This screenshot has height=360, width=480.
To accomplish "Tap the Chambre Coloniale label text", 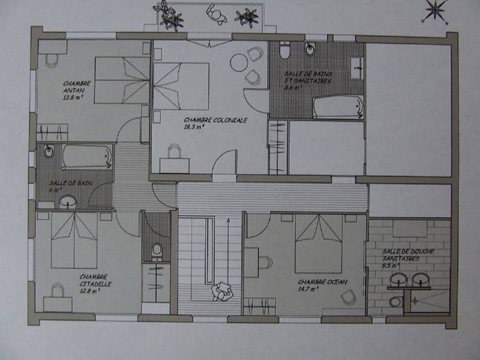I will coord(215,120).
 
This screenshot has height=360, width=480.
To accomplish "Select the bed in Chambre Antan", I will coord(122,80).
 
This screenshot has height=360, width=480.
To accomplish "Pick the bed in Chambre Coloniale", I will coord(181,88).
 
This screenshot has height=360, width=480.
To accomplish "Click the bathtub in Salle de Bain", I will coord(87,157).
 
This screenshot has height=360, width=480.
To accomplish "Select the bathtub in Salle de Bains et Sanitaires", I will coord(339,107).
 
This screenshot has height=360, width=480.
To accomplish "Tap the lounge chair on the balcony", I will coord(217,14).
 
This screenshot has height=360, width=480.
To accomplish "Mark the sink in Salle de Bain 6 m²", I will coord(68,201).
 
